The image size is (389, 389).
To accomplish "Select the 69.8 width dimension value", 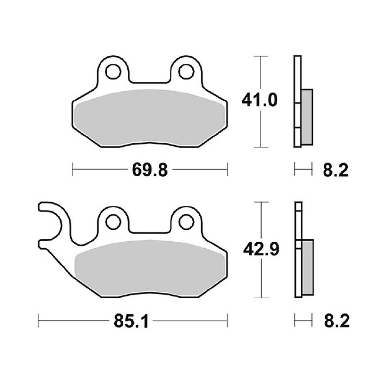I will tap(150, 170).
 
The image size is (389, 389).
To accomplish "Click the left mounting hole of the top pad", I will tap(112, 72).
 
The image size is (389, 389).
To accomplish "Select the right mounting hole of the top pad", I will tap(185, 72).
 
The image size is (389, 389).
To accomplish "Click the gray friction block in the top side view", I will tap(307, 117).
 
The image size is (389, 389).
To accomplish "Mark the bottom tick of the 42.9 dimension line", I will tap(262, 298).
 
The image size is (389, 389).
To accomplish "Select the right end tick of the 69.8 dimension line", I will tap(227, 169).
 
